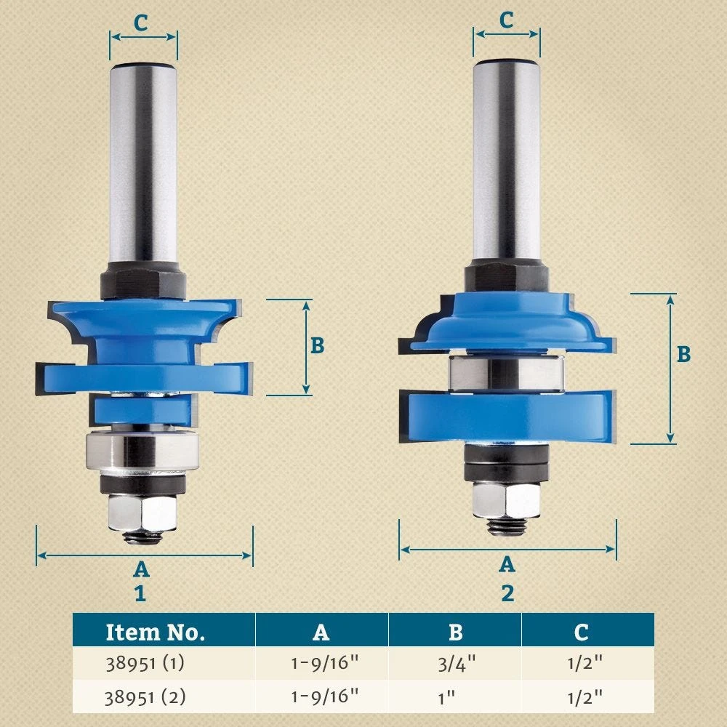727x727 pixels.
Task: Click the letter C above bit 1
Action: [141, 23]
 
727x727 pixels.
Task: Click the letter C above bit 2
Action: [506, 20]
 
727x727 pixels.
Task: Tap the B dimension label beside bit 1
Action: [317, 345]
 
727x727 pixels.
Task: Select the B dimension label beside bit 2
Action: [683, 354]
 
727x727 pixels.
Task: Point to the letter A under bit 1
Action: [141, 569]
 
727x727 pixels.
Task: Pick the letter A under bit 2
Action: [507, 564]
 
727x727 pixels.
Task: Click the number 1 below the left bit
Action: [140, 593]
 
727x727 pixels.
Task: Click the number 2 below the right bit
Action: [507, 593]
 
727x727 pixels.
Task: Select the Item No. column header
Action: [156, 632]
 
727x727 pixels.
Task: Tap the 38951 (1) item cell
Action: [145, 663]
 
